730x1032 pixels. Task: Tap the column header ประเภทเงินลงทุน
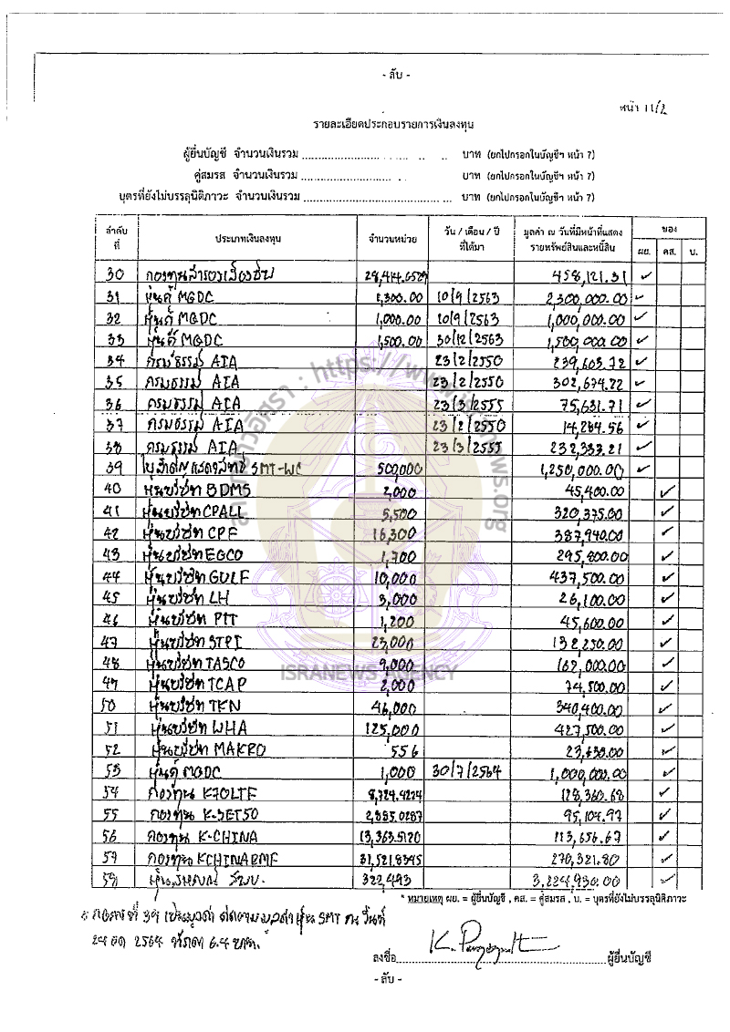coord(247,237)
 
